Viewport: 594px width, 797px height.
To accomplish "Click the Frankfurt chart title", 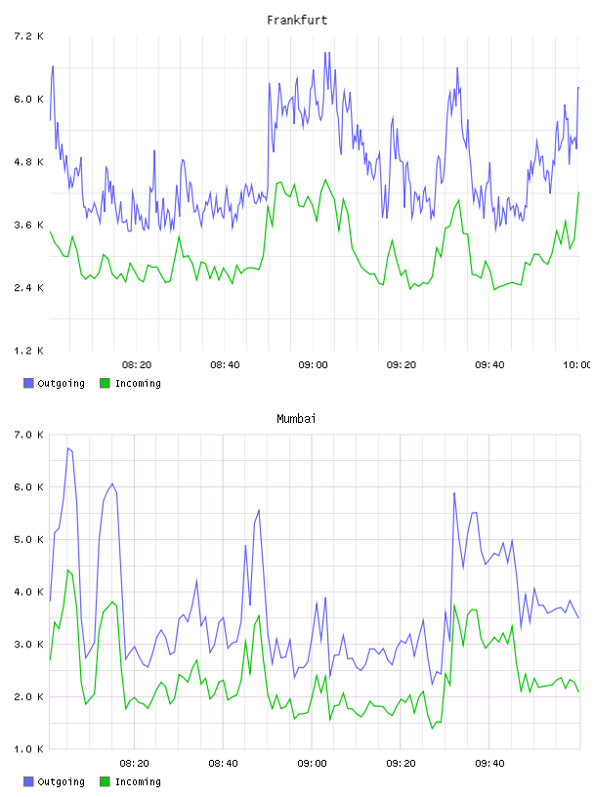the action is (297, 21).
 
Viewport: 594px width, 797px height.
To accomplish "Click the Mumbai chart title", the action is (296, 419).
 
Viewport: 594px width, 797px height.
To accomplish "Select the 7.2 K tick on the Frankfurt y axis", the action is (28, 36).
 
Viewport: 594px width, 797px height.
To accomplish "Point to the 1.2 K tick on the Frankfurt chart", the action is (28, 351).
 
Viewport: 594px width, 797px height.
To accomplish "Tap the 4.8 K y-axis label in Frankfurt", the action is (28, 162).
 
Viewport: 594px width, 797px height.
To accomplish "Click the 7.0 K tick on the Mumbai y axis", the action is (28, 435).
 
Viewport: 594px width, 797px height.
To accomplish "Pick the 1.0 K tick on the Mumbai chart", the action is (28, 749).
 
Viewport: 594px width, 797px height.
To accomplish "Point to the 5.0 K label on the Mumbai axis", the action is (28, 539).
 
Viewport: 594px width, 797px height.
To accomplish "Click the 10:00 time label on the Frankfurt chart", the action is (577, 365).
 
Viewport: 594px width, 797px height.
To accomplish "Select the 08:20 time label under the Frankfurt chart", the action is (137, 365).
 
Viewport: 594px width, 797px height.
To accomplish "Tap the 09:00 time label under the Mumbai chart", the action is (312, 764).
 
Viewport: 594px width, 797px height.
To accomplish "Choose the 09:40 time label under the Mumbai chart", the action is (489, 764).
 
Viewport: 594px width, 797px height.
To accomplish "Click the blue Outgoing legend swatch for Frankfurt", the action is (28, 383).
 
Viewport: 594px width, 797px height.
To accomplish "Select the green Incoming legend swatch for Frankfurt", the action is (105, 383).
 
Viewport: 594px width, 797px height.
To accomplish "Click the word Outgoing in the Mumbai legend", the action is (61, 781).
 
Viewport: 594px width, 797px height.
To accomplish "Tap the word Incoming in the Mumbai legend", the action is (138, 781).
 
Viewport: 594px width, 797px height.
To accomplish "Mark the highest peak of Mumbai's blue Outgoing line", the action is (67, 447).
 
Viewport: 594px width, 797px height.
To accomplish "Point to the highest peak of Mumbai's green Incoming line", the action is (67, 569).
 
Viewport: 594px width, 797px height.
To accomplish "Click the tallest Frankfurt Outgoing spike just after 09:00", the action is (326, 52).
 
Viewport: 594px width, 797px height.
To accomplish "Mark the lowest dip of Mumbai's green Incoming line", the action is (432, 729).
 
